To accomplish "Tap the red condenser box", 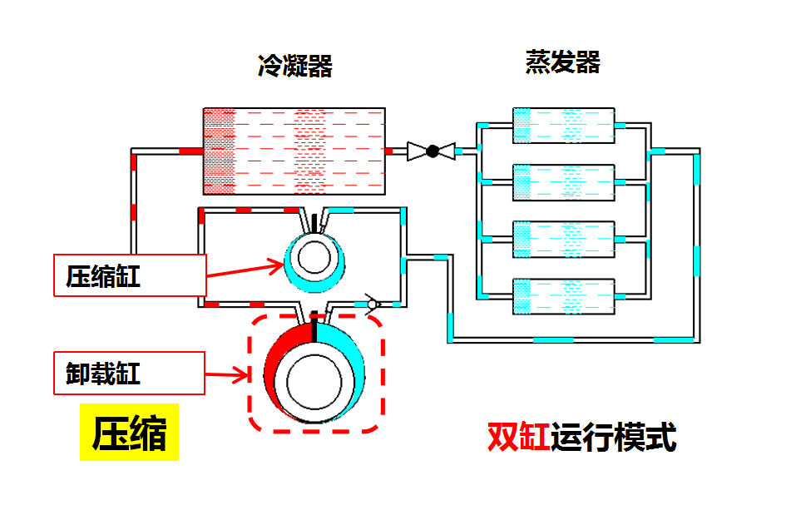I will click(x=294, y=151).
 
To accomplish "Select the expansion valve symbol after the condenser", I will click(x=432, y=151).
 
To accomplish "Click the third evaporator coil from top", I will click(x=563, y=239).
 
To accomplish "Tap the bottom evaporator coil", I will click(x=563, y=295).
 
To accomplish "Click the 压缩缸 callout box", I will click(x=130, y=275).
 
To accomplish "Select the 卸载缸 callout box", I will click(x=130, y=373).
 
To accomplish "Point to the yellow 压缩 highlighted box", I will click(x=129, y=433).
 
